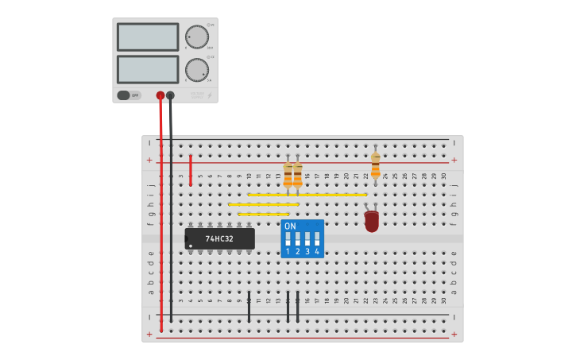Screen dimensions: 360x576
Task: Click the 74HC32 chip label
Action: [219, 238]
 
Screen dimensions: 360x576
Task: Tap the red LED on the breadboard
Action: [372, 221]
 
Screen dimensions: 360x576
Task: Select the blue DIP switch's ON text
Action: [290, 226]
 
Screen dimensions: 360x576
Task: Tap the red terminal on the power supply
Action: [160, 95]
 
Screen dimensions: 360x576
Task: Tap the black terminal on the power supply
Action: [170, 95]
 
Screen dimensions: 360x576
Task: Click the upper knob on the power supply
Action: [197, 37]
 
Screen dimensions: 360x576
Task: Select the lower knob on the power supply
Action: [197, 69]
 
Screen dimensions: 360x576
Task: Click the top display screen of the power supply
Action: [148, 37]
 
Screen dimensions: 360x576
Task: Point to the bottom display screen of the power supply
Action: [148, 69]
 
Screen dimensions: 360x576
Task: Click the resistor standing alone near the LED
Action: [375, 165]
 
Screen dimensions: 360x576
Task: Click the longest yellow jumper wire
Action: [307, 194]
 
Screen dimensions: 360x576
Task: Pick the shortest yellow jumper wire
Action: [263, 214]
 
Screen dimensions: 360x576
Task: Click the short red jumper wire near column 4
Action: [191, 170]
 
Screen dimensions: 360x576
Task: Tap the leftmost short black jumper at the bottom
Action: [249, 306]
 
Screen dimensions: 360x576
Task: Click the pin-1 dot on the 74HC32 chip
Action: [191, 246]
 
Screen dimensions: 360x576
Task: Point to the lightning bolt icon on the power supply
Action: [210, 95]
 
